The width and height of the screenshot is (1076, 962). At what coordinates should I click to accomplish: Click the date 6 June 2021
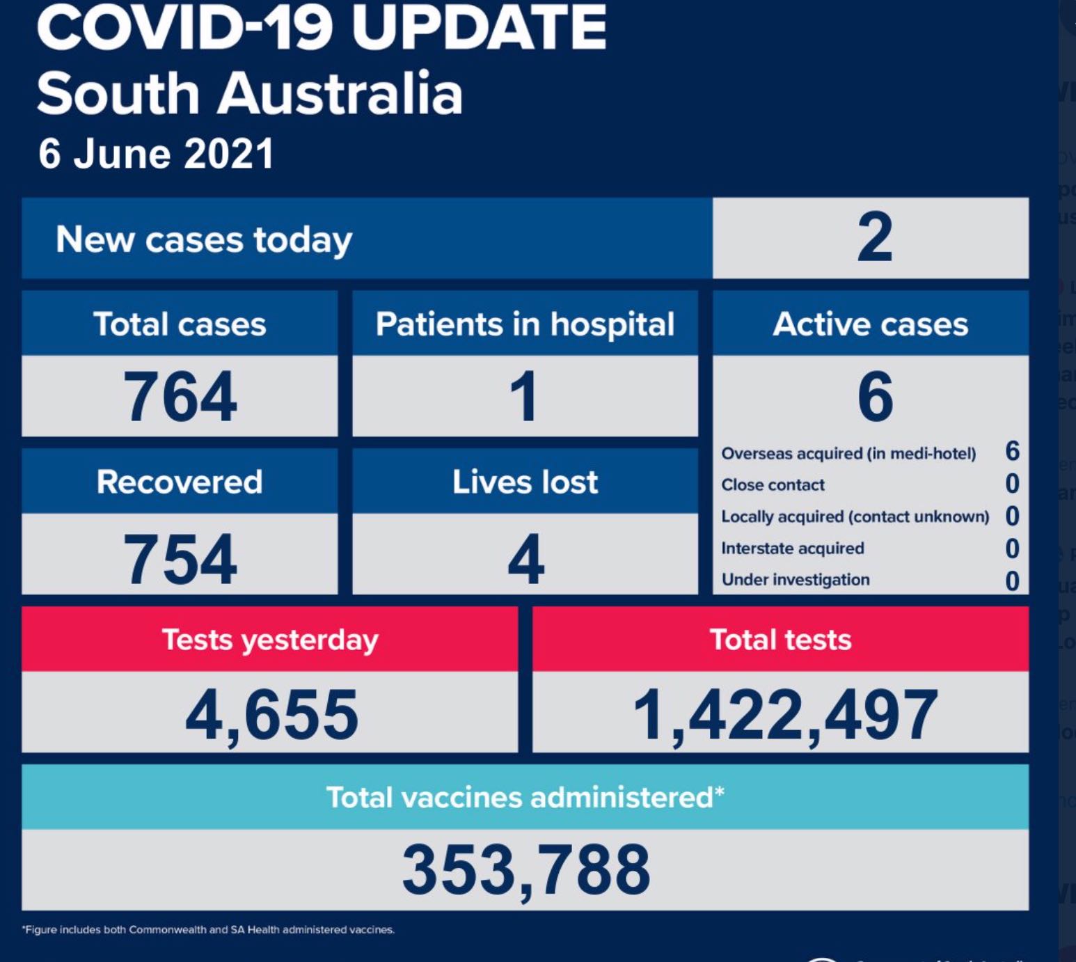(156, 154)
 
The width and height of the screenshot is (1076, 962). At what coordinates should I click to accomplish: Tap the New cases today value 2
(874, 238)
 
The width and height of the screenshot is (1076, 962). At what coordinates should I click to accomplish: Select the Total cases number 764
(180, 396)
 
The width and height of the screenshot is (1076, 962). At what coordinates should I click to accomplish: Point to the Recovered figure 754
(180, 558)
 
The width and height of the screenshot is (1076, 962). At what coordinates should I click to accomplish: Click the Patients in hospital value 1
(524, 396)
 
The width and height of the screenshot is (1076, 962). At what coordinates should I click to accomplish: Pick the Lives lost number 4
(525, 558)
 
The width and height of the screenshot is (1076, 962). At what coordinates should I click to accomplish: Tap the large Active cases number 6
(875, 396)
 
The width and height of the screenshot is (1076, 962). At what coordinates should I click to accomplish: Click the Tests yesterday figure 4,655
(271, 715)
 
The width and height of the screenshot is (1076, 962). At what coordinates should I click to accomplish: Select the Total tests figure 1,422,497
(785, 715)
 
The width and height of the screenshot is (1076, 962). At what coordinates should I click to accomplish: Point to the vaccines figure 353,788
(525, 869)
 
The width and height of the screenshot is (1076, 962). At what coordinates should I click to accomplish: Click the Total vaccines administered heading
(525, 797)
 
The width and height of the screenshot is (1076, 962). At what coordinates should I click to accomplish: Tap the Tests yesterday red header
(270, 640)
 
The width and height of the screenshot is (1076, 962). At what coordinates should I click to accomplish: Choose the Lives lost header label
(525, 482)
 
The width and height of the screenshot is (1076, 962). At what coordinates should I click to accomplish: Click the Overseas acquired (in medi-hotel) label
(848, 454)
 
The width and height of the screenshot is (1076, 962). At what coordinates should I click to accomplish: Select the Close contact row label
(773, 485)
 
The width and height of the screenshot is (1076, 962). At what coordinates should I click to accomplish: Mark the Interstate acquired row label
(793, 549)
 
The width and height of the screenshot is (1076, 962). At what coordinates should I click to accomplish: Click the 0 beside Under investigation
(1013, 581)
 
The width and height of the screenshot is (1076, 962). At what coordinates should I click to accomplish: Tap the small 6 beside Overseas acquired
(1013, 452)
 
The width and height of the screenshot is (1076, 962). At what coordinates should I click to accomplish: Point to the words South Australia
(250, 94)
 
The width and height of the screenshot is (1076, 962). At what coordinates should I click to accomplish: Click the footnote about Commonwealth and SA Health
(209, 930)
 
